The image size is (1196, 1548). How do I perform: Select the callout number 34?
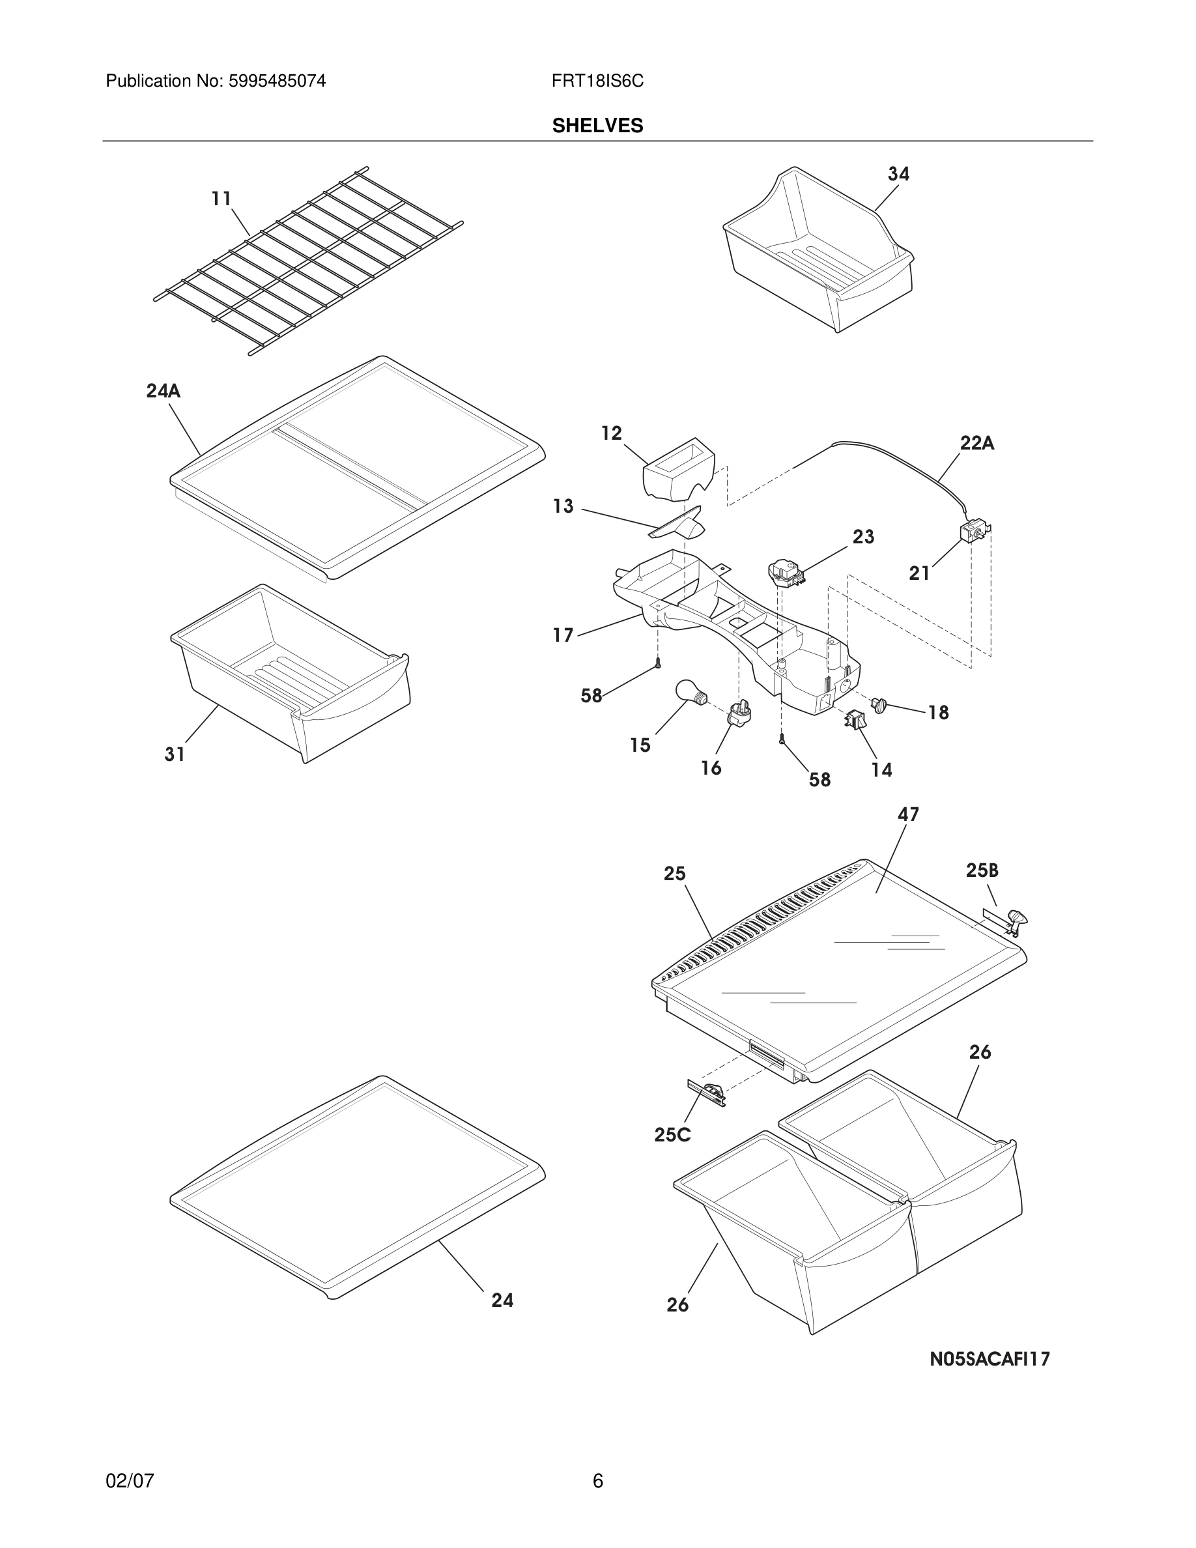tap(898, 174)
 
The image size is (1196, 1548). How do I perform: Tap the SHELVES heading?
tap(597, 126)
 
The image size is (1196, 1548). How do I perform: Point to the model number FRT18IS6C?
tap(597, 81)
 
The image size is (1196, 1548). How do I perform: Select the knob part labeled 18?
tap(879, 704)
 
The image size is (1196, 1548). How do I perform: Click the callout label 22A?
tap(976, 444)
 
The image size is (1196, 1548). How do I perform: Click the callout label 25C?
tap(672, 1135)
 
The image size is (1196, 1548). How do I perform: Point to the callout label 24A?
tap(163, 390)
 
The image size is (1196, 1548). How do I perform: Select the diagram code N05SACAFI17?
tap(989, 1359)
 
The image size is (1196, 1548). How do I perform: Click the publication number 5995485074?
tap(276, 81)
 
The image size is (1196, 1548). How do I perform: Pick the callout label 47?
tap(907, 814)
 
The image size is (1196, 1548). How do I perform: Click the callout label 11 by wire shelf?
tap(221, 199)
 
